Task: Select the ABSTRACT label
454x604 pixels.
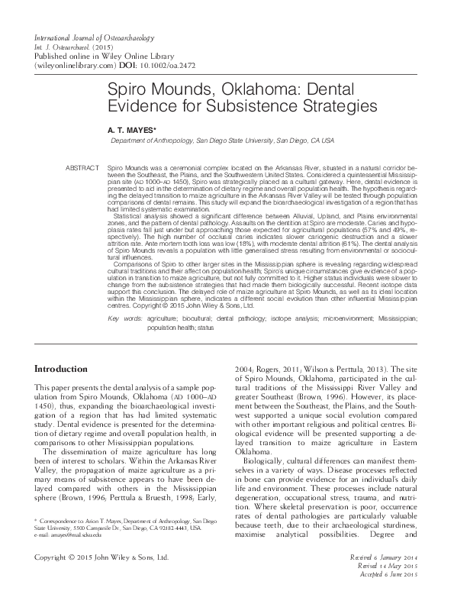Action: point(83,166)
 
